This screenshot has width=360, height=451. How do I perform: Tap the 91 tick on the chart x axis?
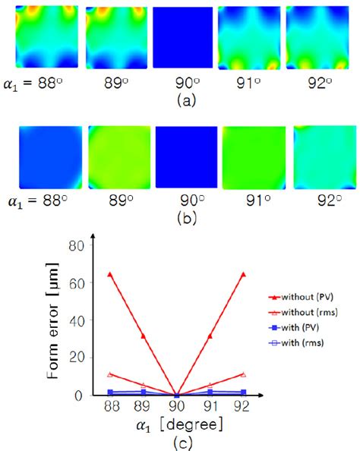pyautogui.click(x=210, y=408)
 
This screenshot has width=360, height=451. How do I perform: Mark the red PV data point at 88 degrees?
pyautogui.click(x=111, y=274)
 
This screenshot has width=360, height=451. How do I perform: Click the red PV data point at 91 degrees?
pyautogui.click(x=210, y=336)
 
